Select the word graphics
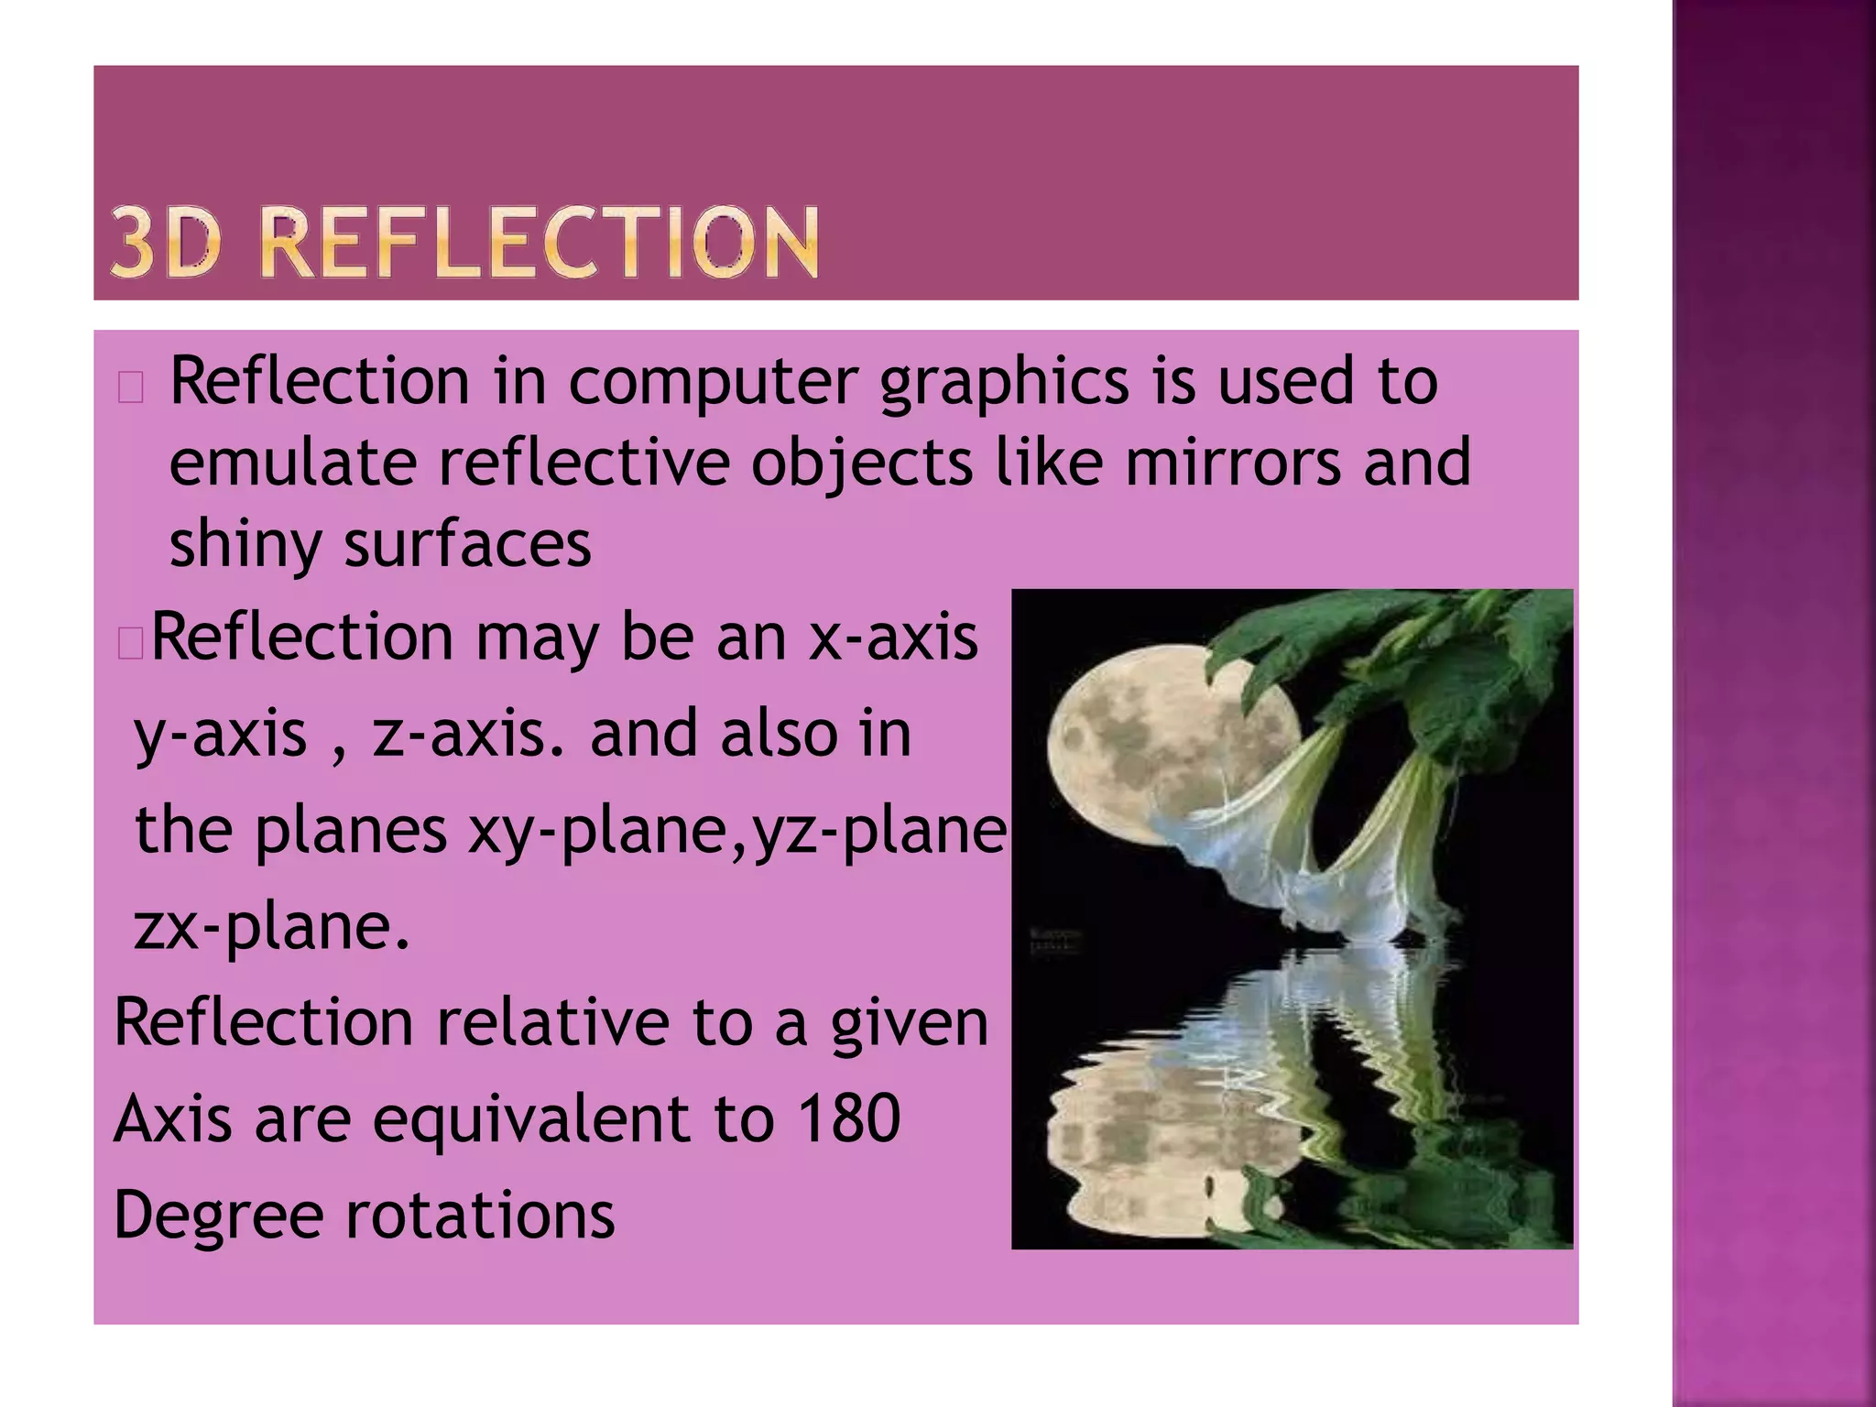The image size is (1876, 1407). [x=1004, y=383]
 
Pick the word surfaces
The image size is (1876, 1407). [x=467, y=544]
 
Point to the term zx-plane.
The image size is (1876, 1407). [x=271, y=927]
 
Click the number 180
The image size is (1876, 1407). [x=849, y=1118]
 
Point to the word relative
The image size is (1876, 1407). [x=552, y=1022]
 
